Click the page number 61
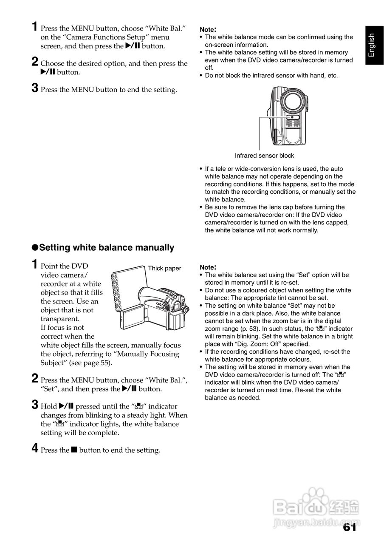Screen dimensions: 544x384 [x=349, y=527]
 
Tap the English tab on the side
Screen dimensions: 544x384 [x=372, y=45]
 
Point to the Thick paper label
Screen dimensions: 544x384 [x=164, y=268]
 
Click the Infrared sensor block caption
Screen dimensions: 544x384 [x=264, y=156]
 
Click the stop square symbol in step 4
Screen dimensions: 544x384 [x=74, y=450]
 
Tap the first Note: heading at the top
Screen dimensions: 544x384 [x=208, y=29]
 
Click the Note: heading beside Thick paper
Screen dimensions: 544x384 [x=208, y=267]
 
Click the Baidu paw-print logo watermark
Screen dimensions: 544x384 [x=315, y=498]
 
